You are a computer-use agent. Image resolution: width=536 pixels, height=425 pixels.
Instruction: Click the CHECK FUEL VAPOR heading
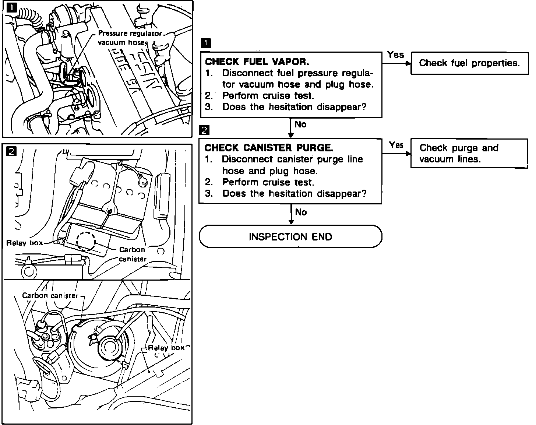click(257, 62)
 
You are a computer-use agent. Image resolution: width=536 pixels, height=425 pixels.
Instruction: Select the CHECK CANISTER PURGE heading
click(269, 148)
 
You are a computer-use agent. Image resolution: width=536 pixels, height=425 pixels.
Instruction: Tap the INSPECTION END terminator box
click(290, 236)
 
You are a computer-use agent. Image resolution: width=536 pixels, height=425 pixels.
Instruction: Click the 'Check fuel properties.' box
click(469, 63)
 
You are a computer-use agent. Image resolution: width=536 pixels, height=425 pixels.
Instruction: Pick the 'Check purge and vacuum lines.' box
click(469, 154)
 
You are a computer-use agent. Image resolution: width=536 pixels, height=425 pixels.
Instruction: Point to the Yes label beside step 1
click(395, 55)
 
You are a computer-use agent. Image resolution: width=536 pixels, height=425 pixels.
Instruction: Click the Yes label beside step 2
click(396, 145)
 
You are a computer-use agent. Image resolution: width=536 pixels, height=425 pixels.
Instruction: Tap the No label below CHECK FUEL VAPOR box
click(300, 124)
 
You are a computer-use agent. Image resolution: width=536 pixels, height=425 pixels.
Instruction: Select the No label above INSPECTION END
click(301, 212)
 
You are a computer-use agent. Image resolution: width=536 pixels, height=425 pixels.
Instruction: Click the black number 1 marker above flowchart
click(206, 43)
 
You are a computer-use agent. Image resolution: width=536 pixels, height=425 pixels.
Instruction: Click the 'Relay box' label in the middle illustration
click(25, 243)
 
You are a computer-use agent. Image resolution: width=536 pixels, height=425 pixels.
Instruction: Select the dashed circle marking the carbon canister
click(86, 241)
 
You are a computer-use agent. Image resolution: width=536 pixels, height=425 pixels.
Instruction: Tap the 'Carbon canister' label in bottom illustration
click(50, 296)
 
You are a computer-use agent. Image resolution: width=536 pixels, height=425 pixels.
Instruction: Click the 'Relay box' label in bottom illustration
click(166, 348)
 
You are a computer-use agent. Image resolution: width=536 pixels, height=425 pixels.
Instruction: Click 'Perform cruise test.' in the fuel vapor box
click(268, 96)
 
